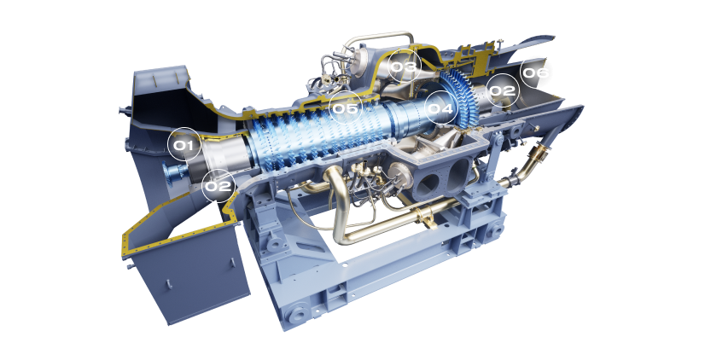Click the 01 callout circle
(184, 145)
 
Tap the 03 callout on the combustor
(404, 66)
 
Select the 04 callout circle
(440, 107)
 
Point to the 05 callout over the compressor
(346, 107)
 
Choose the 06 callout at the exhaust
(535, 72)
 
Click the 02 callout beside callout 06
(502, 90)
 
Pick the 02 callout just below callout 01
(218, 185)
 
